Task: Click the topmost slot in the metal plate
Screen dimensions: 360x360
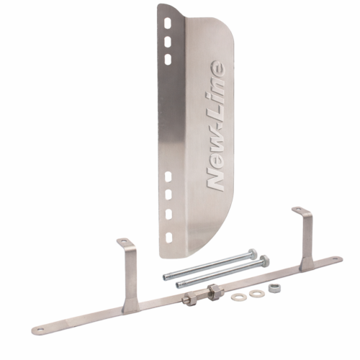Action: (x=168, y=24)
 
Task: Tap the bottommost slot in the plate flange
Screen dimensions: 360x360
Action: (x=169, y=238)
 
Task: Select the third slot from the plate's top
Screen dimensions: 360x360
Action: (x=168, y=59)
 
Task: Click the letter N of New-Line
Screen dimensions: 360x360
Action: (x=216, y=179)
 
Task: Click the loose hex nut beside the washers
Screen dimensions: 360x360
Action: (x=272, y=287)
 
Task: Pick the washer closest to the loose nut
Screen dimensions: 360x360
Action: (x=254, y=293)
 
